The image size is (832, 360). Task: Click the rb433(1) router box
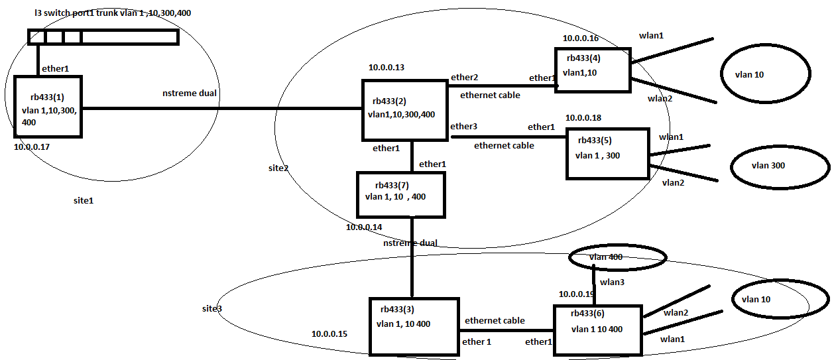(x=47, y=107)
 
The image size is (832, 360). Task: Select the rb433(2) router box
(x=404, y=110)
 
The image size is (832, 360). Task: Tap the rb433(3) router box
(x=414, y=326)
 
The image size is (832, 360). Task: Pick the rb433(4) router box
(x=593, y=69)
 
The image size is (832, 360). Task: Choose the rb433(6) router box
(x=597, y=330)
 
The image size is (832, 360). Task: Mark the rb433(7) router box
(x=400, y=194)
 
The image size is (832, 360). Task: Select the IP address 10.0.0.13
(x=386, y=67)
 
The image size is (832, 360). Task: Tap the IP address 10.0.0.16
(x=581, y=38)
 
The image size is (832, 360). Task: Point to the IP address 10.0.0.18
(x=583, y=117)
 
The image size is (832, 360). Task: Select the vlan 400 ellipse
(x=617, y=257)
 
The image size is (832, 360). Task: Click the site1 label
(x=83, y=200)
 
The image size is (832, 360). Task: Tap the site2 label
(x=278, y=168)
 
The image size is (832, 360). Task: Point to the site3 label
(x=212, y=309)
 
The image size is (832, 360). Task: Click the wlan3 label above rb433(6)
(x=613, y=282)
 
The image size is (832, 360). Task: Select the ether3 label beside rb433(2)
(x=463, y=126)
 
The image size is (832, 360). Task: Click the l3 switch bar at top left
(x=103, y=36)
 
